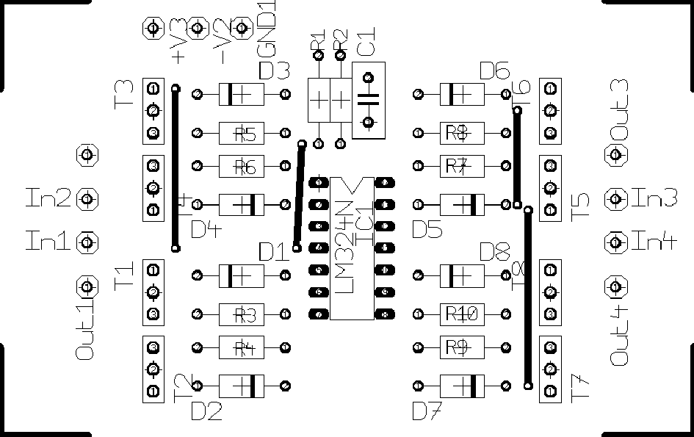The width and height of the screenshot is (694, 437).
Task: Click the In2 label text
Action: (49, 198)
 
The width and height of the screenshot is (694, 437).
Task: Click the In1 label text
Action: (49, 241)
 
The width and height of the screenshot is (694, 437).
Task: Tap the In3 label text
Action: (654, 198)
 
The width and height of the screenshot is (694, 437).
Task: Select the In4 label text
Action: (654, 241)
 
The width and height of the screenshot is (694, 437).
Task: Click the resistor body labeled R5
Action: (242, 134)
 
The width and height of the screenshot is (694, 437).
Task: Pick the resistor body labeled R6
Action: (242, 167)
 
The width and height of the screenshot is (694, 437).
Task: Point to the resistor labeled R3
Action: (242, 315)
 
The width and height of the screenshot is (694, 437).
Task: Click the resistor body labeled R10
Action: (462, 314)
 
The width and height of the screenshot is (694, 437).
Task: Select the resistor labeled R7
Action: (462, 167)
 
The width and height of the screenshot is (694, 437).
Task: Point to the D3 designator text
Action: (275, 71)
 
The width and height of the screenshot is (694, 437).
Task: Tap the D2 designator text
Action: (206, 411)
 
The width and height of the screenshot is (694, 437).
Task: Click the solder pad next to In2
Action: (87, 198)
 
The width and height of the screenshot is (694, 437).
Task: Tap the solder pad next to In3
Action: (615, 198)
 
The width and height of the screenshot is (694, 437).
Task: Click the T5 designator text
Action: (580, 208)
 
